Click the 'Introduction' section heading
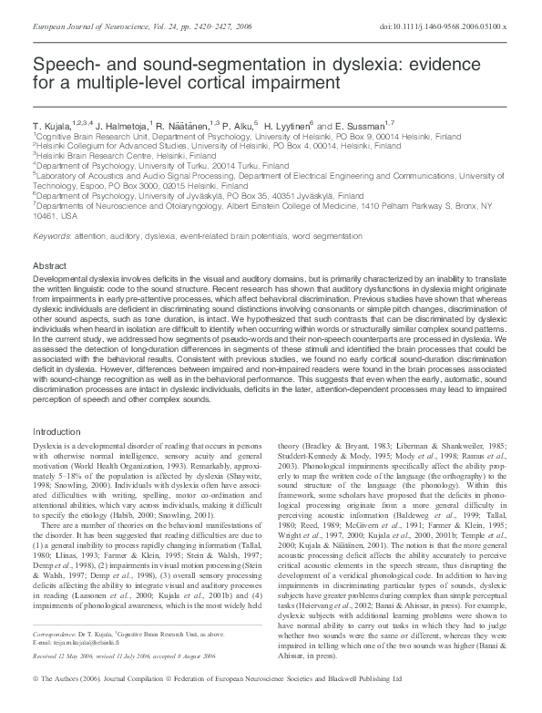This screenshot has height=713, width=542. pyautogui.click(x=57, y=430)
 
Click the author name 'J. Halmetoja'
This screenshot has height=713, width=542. pyautogui.click(x=112, y=123)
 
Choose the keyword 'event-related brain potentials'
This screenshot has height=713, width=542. pyautogui.click(x=225, y=236)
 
